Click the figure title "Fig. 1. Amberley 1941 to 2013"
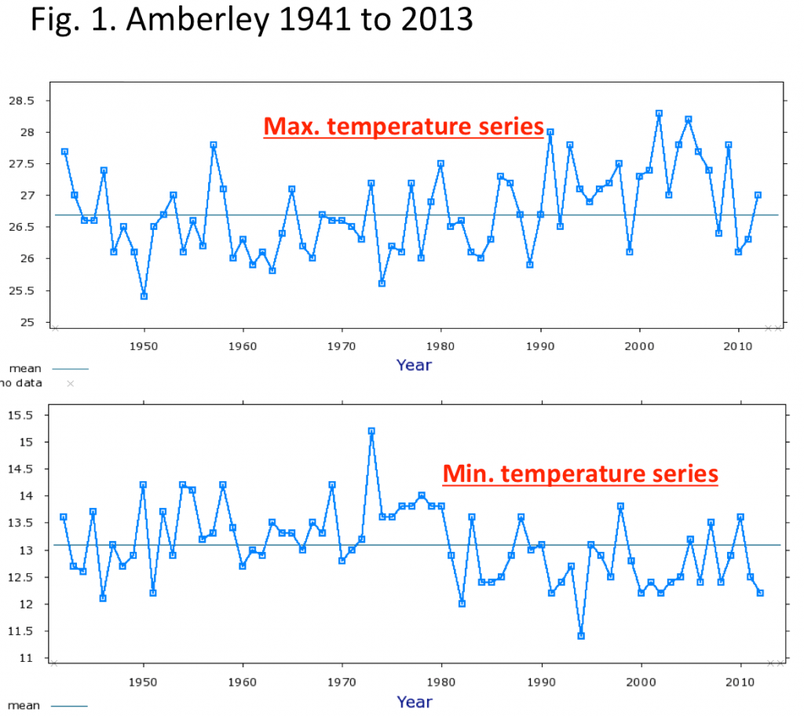coord(251,20)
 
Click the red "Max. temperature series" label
coord(404,126)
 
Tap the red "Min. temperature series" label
coord(580,473)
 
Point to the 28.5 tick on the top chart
coord(21,100)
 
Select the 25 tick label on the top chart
coord(27,322)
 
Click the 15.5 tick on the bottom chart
coord(20,415)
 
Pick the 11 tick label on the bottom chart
coord(26,658)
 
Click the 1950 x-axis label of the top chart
coord(144,346)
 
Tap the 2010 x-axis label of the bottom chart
coord(740,682)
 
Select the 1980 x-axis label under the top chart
coord(440,346)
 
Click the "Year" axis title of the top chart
coord(414,365)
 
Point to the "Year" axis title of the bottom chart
coord(415,702)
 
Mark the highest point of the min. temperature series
coord(371,431)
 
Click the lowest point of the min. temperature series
coord(581,636)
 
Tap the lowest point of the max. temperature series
coord(144,297)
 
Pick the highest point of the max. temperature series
coord(659,113)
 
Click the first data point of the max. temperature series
coord(64,152)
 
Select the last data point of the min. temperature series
coord(760,593)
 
